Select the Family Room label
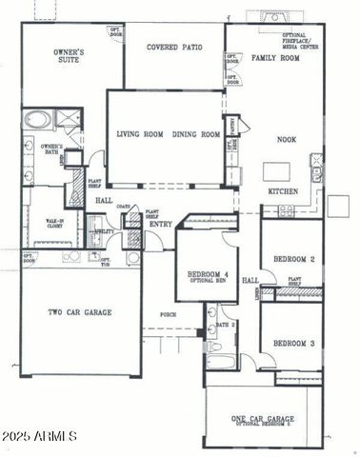point(275,59)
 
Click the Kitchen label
point(284,191)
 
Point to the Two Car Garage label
point(80,312)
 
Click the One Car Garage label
point(262,419)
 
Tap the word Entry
point(160,224)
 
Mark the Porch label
point(168,314)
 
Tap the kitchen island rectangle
point(277,169)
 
